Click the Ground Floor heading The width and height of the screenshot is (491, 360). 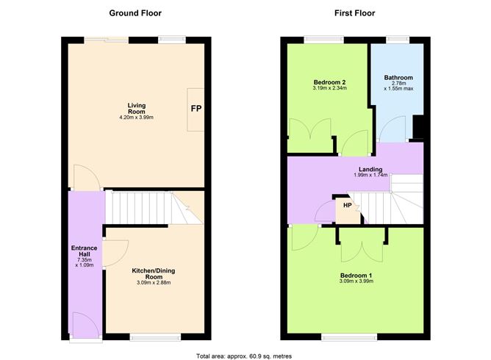135,13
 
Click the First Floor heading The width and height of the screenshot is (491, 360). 354,13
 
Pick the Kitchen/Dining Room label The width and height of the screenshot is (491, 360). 153,275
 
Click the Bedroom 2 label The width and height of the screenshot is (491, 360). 329,82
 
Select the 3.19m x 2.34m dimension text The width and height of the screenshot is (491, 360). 329,89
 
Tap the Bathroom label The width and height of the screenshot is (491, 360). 398,78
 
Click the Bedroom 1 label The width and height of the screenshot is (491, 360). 356,275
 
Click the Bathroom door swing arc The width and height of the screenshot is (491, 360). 387,132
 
